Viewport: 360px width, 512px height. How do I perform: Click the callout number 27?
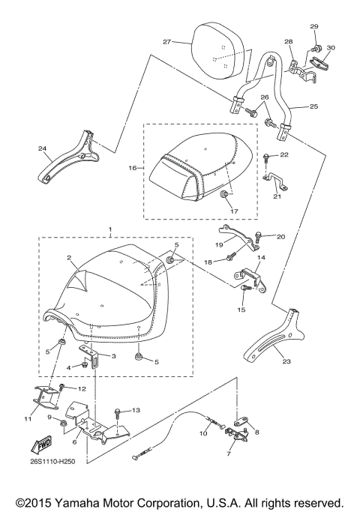coord(168,41)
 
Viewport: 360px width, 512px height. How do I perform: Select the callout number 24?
coord(42,149)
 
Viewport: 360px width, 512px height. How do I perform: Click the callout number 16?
coord(133,169)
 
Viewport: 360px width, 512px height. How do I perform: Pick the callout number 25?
coord(313,107)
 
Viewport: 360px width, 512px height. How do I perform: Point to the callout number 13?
coord(136,410)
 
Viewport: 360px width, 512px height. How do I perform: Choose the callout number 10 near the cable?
coord(204,433)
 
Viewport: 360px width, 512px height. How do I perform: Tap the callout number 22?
coord(283,155)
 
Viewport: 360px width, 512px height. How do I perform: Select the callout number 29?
coord(314,26)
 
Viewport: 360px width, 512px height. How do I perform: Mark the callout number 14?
coord(262,257)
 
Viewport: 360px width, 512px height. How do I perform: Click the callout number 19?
coord(219,245)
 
